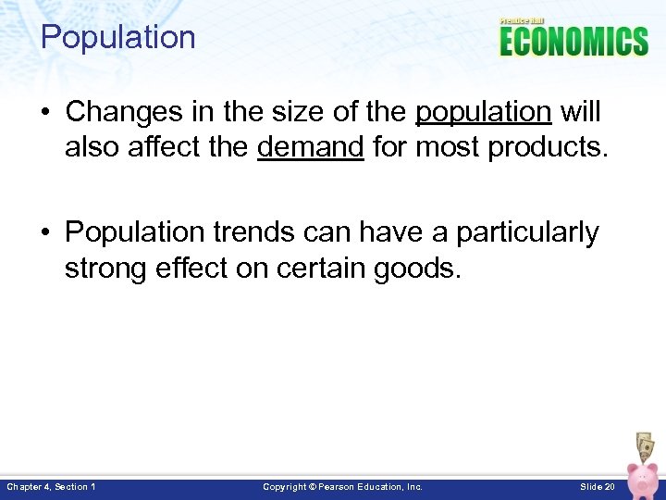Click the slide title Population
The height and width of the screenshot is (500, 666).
click(118, 38)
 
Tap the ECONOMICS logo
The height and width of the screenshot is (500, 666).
click(573, 41)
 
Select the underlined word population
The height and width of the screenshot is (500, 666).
click(483, 112)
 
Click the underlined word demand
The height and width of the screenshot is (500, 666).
click(310, 145)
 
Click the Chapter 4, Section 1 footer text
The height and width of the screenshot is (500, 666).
click(51, 487)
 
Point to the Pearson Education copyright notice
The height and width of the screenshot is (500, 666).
click(342, 487)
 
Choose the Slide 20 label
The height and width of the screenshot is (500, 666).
click(597, 487)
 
